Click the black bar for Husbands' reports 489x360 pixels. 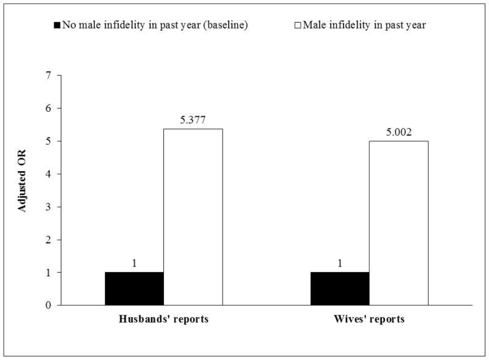134,288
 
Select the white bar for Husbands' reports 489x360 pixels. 193,217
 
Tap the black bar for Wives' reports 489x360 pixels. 340,288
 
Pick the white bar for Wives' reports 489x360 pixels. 399,222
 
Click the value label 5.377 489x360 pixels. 193,120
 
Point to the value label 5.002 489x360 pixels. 399,133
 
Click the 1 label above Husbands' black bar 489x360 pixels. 134,263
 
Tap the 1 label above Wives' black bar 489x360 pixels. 340,263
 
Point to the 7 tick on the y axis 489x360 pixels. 50,76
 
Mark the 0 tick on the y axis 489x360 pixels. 50,305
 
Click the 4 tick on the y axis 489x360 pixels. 50,174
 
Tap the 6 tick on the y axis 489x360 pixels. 50,108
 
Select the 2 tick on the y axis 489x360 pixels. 50,240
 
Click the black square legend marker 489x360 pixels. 57,25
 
